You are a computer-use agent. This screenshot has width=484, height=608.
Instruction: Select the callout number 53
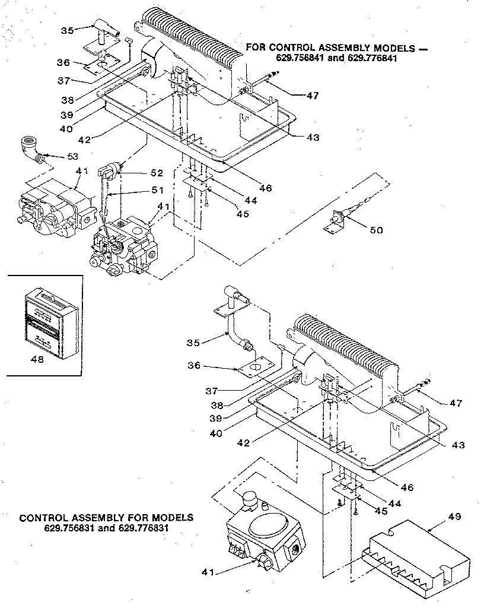point(73,157)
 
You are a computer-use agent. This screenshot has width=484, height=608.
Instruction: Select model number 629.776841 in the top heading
point(370,58)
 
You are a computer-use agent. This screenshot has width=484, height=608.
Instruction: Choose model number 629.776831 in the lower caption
point(144,527)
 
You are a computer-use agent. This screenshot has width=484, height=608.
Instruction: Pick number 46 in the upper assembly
point(265,188)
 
